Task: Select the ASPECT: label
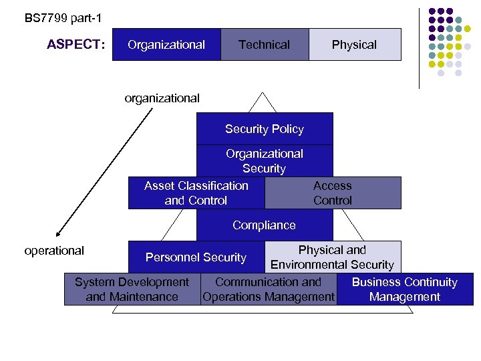tap(76, 45)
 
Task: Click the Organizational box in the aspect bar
tap(166, 45)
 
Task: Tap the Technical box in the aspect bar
tap(265, 45)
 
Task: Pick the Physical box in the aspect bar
tap(354, 45)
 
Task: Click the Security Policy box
tap(265, 129)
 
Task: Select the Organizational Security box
tap(265, 161)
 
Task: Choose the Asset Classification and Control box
tap(196, 193)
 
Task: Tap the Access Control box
tap(333, 193)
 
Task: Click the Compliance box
tap(265, 225)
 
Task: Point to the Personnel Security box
tap(196, 257)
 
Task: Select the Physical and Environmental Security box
tap(333, 257)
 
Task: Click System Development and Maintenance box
tap(132, 289)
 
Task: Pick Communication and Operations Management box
tap(269, 289)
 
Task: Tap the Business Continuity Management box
tap(405, 289)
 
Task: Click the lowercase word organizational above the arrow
tap(162, 98)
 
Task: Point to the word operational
tap(54, 251)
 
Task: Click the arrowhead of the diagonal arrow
tap(59, 234)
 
